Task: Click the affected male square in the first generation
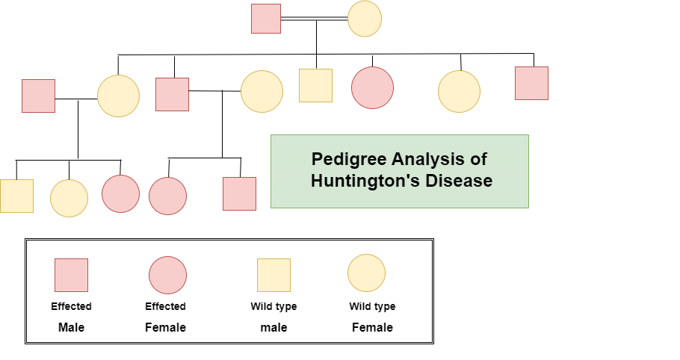click(266, 19)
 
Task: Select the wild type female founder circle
click(365, 19)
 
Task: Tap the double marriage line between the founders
click(314, 19)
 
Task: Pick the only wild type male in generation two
click(315, 85)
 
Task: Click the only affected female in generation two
click(373, 87)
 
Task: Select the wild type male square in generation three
click(17, 196)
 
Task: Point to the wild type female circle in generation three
click(69, 198)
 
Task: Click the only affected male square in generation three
click(239, 193)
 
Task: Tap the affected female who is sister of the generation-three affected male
click(168, 196)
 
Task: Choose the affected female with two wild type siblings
click(120, 193)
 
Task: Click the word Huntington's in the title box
click(365, 181)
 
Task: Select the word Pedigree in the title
click(349, 159)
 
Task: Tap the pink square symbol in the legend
click(71, 275)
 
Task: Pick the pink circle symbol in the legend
click(168, 275)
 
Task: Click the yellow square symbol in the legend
click(273, 275)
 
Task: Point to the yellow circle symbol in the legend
click(366, 273)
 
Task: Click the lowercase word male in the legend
click(273, 327)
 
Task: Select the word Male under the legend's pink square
click(71, 327)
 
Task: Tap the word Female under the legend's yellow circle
click(372, 327)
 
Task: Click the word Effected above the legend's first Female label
click(165, 306)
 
